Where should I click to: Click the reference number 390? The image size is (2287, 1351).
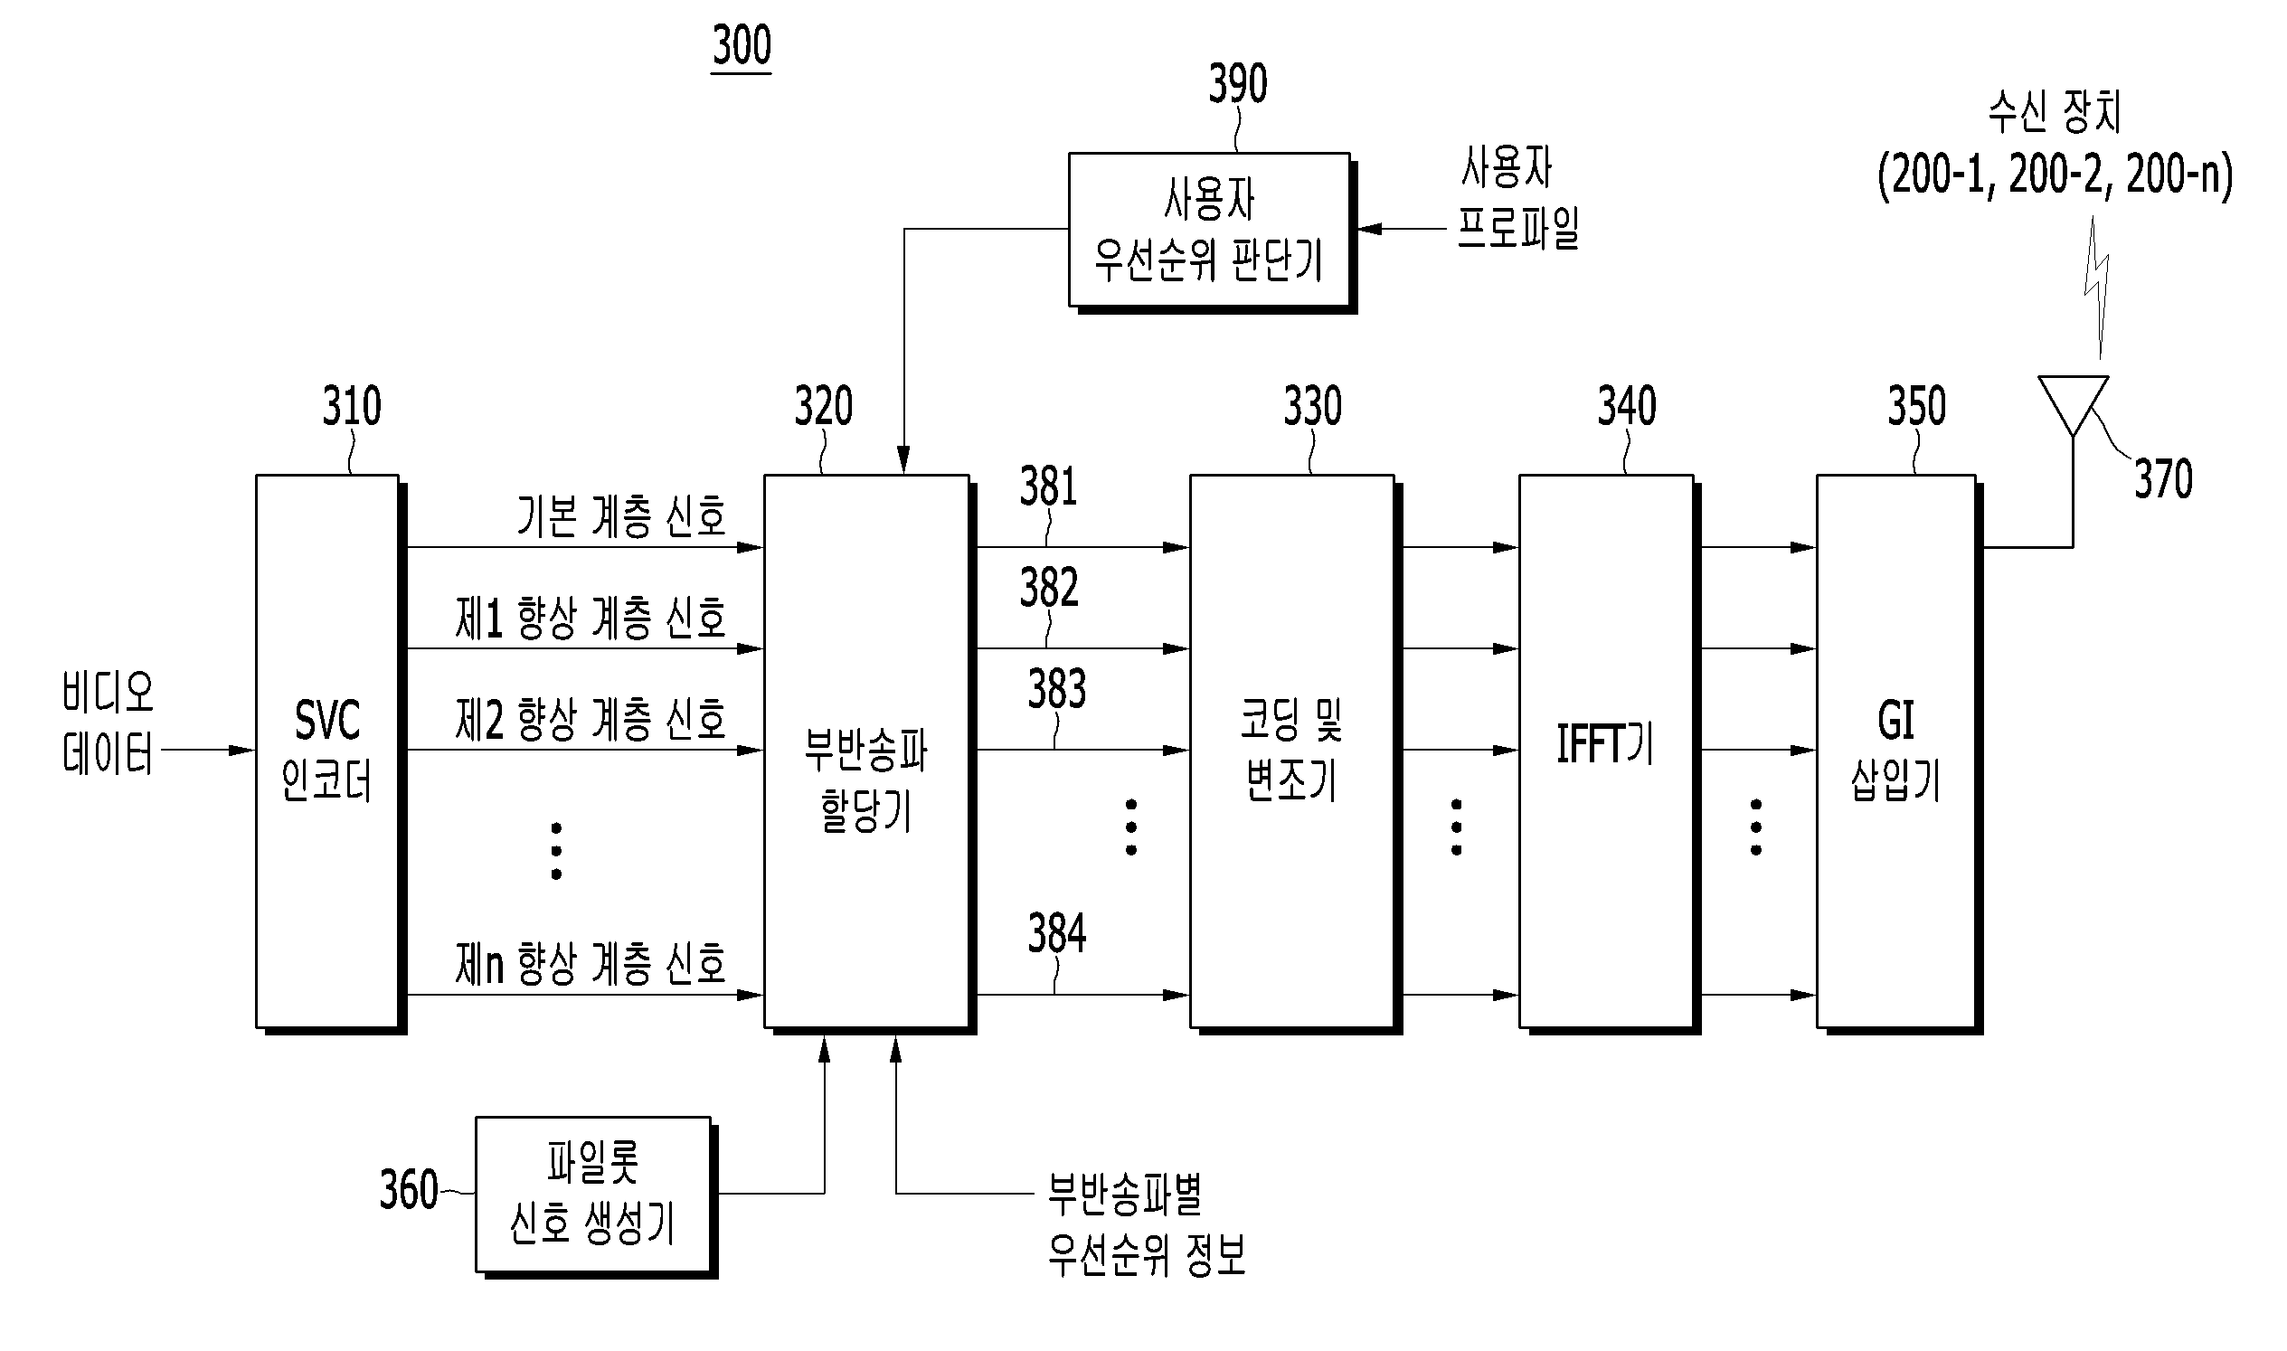point(1238,84)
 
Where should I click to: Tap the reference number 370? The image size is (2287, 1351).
point(2164,479)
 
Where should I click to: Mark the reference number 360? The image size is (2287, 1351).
point(409,1189)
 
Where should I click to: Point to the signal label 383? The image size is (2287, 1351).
point(1057,688)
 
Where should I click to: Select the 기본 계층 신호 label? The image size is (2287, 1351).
point(622,516)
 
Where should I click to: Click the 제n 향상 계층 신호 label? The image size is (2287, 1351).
point(591,963)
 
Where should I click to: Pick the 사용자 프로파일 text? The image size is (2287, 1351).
point(1517,196)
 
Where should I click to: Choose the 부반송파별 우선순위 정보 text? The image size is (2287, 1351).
point(1148,1223)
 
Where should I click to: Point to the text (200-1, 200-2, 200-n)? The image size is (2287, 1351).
point(2055,175)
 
